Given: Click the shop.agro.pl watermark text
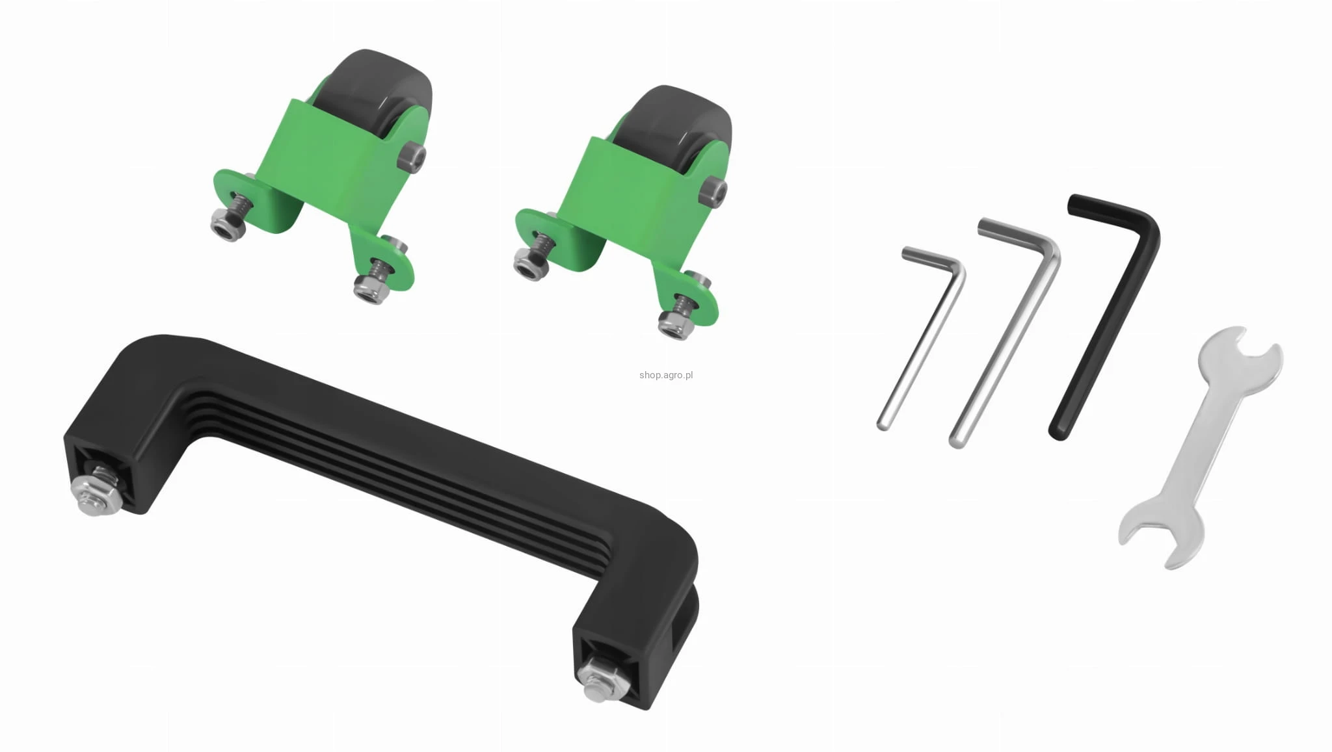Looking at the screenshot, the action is [666, 375].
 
